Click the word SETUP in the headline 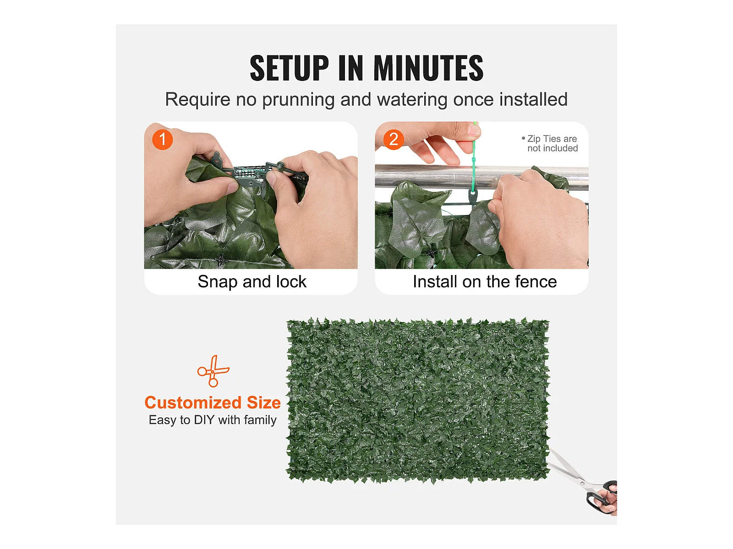pos(289,68)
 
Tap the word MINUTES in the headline pos(428,68)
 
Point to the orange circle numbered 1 pos(162,140)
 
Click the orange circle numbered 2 pos(394,140)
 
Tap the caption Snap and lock pos(252,282)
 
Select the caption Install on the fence pos(485,282)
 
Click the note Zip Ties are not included pos(550,143)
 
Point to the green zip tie pos(473,160)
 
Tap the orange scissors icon pos(213,371)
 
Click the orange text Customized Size pos(213,402)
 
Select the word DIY pos(204,420)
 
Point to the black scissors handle pos(601,497)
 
